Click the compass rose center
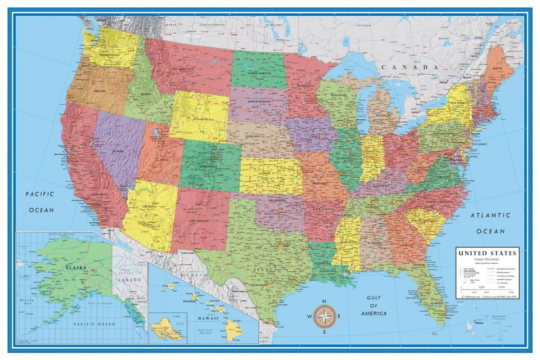coord(325,316)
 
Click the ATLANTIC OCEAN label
coord(490,223)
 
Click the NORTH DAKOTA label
coord(256,73)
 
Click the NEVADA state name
coord(116,151)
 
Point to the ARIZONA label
coord(149,206)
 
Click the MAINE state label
coord(498,69)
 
